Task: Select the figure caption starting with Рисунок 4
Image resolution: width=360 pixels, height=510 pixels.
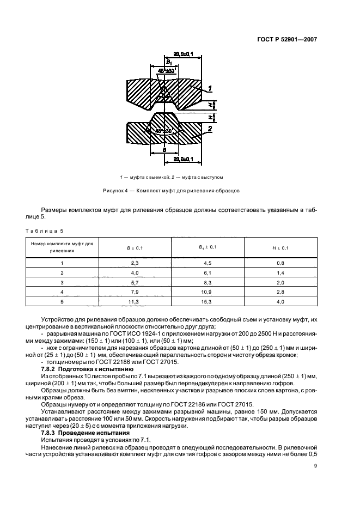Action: point(172,191)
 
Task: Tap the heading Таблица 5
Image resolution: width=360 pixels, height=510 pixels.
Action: point(44,231)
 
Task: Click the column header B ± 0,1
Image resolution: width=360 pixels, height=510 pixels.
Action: point(135,248)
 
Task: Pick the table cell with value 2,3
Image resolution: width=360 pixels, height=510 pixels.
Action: point(135,263)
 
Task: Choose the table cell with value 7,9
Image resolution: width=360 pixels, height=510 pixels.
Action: point(135,291)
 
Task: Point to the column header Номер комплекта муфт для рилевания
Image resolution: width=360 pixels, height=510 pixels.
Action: point(62,248)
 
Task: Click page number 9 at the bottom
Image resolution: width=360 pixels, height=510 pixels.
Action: point(315,465)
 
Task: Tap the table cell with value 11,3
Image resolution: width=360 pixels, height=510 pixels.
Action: point(135,300)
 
